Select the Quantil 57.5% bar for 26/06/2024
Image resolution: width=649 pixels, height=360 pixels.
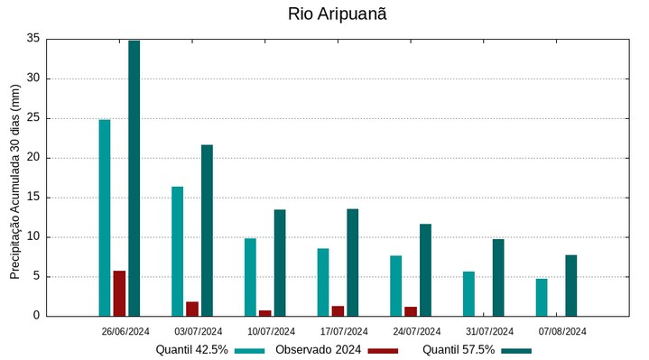(134, 178)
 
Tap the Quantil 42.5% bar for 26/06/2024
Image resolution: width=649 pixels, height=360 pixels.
(105, 217)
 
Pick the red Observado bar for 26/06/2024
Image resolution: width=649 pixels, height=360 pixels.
(119, 293)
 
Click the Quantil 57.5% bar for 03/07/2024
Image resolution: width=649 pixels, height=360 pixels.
(207, 230)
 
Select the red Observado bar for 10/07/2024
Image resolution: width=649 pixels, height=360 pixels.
(265, 313)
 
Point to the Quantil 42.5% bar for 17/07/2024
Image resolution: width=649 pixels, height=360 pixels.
(323, 282)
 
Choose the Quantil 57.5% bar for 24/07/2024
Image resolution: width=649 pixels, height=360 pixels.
(425, 270)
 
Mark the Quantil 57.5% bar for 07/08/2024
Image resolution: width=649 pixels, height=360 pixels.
(571, 285)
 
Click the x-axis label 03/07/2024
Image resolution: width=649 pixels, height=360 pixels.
(199, 331)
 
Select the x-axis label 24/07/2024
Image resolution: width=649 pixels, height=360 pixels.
(417, 331)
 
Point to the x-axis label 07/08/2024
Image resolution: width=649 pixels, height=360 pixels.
(562, 331)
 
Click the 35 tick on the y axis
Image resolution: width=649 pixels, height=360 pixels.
(33, 39)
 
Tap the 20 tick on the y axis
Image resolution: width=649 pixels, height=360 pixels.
(33, 158)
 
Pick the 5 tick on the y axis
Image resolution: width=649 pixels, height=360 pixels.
(36, 276)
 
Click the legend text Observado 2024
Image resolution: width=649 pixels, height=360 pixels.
(318, 350)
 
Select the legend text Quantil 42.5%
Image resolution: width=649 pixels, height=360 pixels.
(191, 350)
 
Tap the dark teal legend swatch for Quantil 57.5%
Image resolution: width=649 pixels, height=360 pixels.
(516, 350)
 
